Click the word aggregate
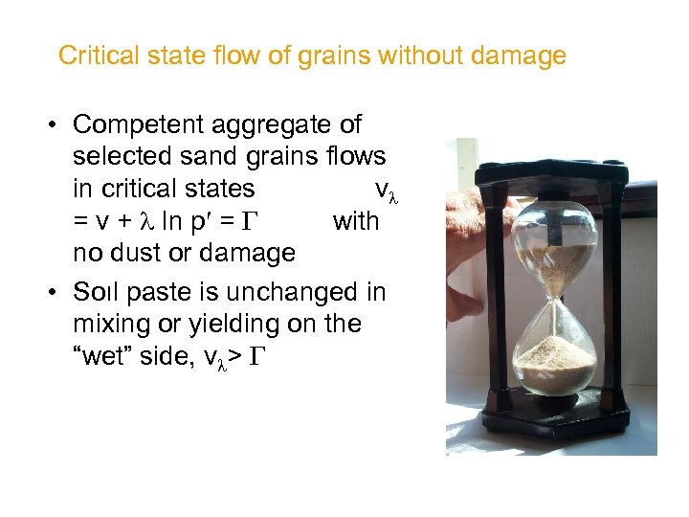[x=278, y=124]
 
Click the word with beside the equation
[x=355, y=221]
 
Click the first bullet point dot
[x=57, y=125]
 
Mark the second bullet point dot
[x=57, y=292]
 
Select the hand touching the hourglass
[x=469, y=268]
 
